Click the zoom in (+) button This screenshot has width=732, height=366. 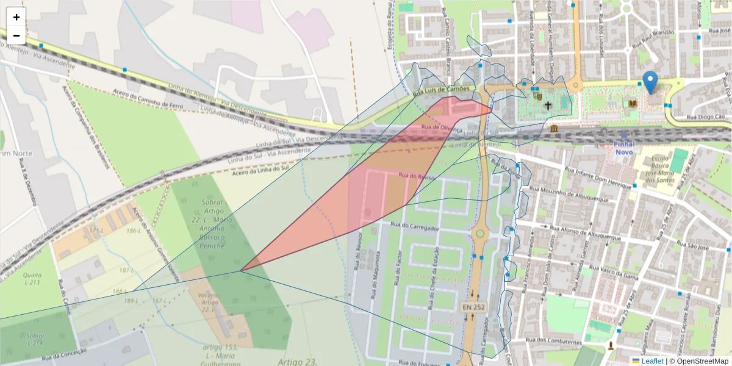[x=16, y=17]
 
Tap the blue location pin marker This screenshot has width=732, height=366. [x=651, y=82]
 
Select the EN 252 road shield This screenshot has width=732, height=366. [x=473, y=307]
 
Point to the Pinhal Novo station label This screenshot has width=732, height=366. [x=625, y=148]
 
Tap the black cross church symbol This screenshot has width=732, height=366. [x=548, y=106]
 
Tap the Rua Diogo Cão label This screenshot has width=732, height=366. [x=706, y=117]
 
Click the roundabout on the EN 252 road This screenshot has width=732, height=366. [x=479, y=234]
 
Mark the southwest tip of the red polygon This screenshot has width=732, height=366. [x=241, y=270]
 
